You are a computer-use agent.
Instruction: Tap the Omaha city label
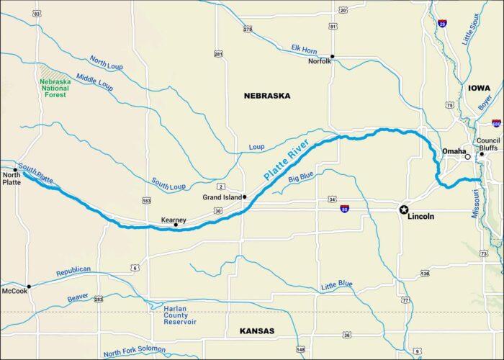pyautogui.click(x=454, y=151)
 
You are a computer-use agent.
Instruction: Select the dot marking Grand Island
pyautogui.click(x=245, y=197)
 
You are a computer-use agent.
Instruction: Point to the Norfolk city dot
pyautogui.click(x=332, y=56)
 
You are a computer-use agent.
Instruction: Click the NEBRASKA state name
pyautogui.click(x=266, y=95)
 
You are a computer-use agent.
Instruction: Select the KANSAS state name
pyautogui.click(x=256, y=330)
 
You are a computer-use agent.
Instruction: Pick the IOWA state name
pyautogui.click(x=479, y=88)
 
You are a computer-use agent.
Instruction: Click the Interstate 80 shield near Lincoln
pyautogui.click(x=346, y=209)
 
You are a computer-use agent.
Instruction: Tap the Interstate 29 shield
pyautogui.click(x=442, y=23)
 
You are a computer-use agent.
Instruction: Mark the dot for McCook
pyautogui.click(x=28, y=286)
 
